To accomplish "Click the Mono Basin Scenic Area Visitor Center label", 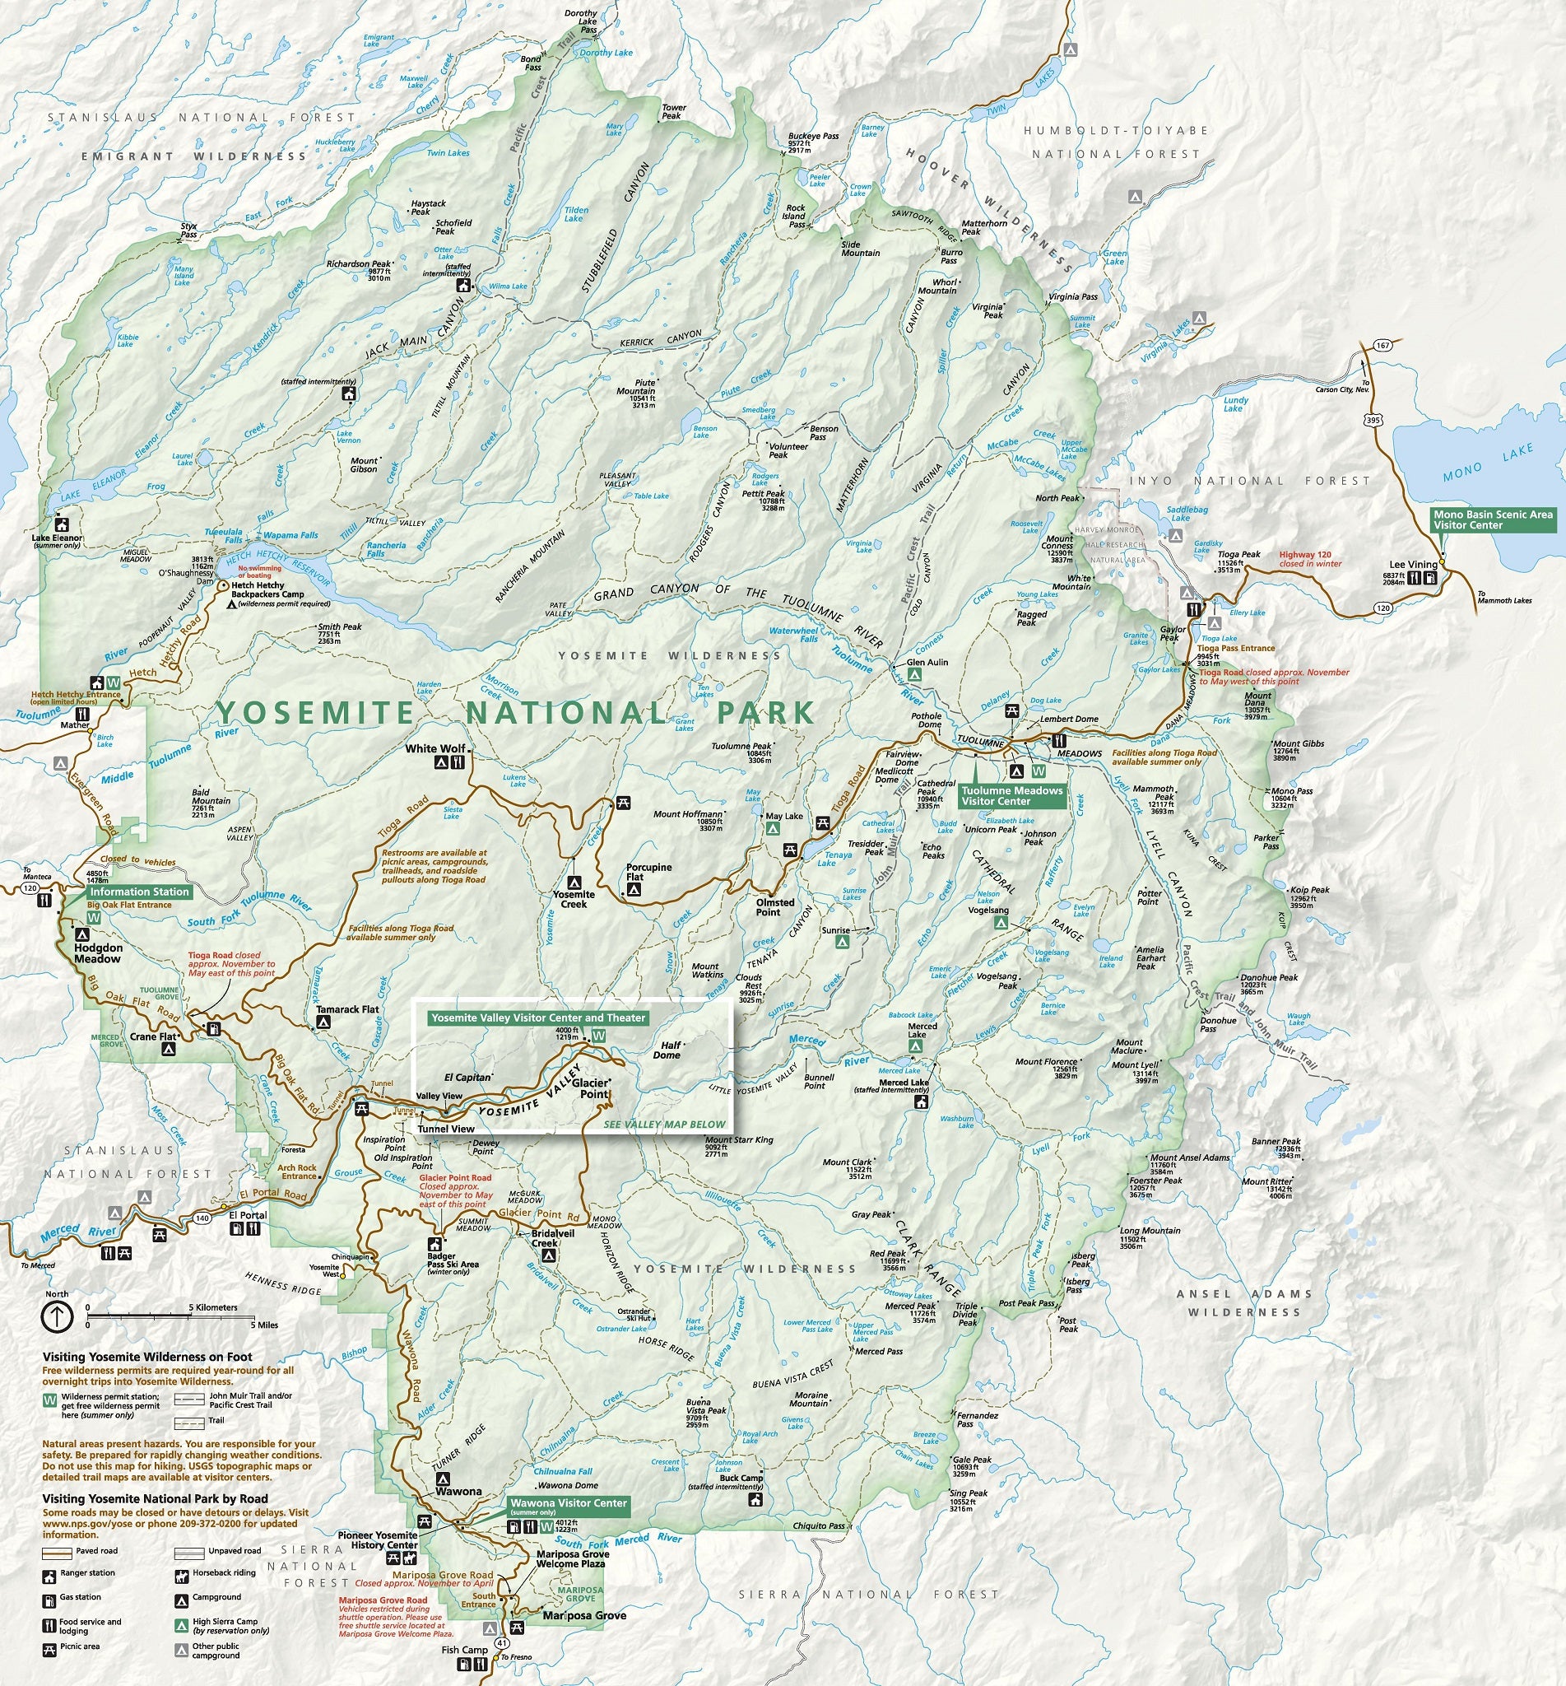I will click(x=1492, y=519).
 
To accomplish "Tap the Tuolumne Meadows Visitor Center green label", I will click(x=1011, y=795).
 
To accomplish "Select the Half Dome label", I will click(x=666, y=1050).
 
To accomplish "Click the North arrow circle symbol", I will click(x=56, y=1316).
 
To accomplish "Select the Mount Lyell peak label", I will click(x=1135, y=1065).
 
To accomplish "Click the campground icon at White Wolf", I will click(x=440, y=762).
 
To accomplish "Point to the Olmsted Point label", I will click(x=774, y=907).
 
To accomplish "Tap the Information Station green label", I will click(x=139, y=892).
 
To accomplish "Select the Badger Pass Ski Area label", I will click(x=453, y=1260).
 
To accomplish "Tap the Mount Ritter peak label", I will click(x=1268, y=1181).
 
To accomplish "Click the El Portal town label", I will click(x=249, y=1215).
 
